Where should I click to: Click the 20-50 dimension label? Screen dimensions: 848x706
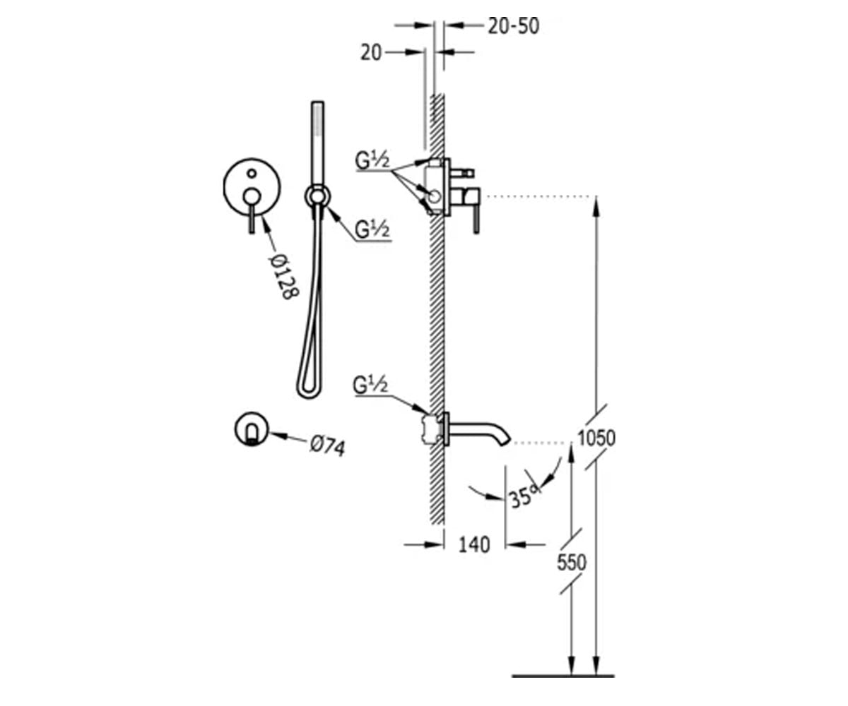click(513, 26)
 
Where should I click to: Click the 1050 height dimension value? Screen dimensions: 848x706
click(596, 438)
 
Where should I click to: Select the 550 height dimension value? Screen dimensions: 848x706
click(572, 563)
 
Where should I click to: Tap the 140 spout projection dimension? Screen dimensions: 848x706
click(474, 544)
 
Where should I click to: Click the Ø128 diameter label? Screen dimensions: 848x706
click(284, 277)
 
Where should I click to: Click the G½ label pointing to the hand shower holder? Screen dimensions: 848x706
click(372, 229)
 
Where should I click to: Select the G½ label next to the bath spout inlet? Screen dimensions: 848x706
click(370, 385)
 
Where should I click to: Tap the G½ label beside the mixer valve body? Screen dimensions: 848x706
click(372, 160)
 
